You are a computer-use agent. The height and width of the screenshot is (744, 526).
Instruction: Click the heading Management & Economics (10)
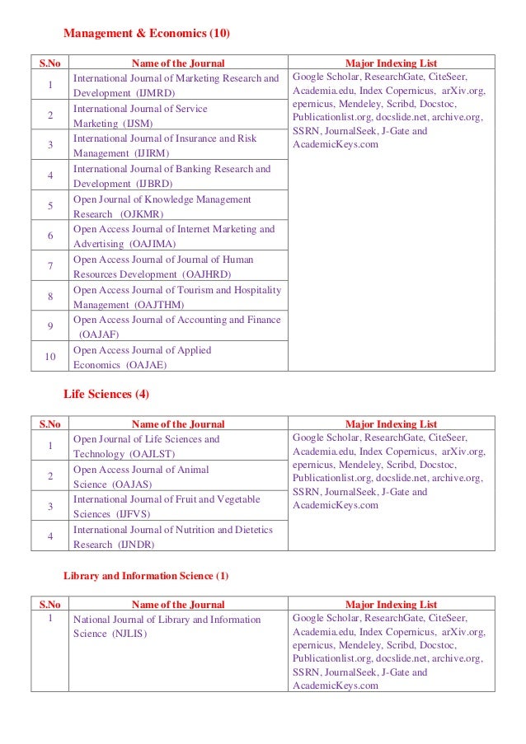pyautogui.click(x=147, y=34)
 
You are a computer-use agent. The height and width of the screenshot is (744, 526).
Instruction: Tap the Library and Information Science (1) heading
pyautogui.click(x=146, y=574)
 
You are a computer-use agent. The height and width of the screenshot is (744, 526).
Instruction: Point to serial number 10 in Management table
pyautogui.click(x=50, y=357)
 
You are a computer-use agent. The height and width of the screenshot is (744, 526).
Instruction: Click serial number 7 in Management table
pyautogui.click(x=50, y=266)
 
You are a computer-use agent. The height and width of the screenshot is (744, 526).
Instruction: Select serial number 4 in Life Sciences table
pyautogui.click(x=50, y=536)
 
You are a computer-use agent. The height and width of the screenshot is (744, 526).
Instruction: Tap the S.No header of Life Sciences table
pyautogui.click(x=50, y=424)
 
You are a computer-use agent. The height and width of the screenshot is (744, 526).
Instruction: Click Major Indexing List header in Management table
pyautogui.click(x=391, y=63)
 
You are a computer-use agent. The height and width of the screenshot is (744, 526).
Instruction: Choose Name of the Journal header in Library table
pyautogui.click(x=178, y=605)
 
